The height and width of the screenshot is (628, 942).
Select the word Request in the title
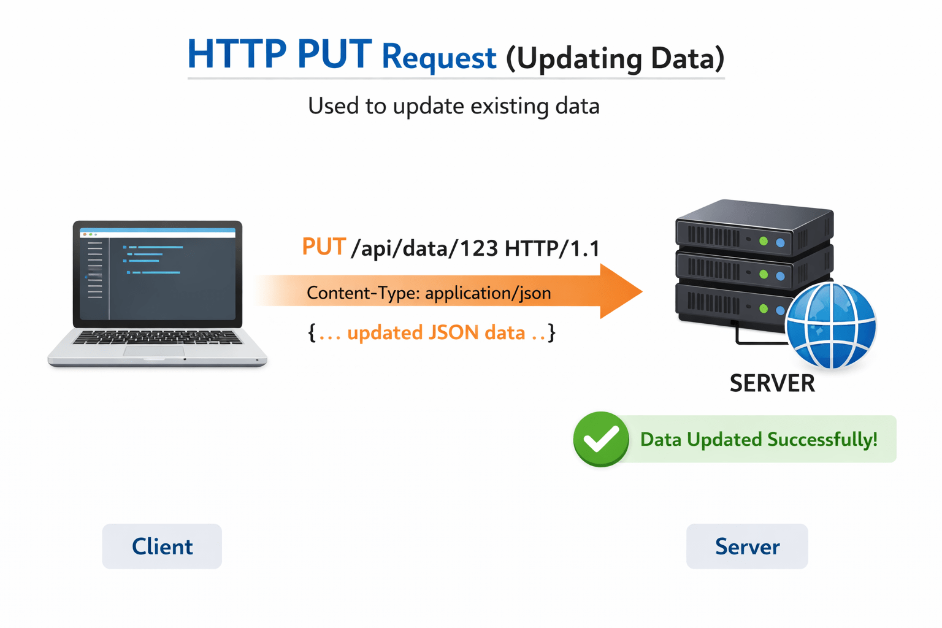pyautogui.click(x=438, y=58)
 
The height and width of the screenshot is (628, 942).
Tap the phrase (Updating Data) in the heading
pyautogui.click(x=615, y=59)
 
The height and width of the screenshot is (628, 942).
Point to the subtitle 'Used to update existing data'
pyautogui.click(x=453, y=106)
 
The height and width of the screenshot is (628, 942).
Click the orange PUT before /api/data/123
pyautogui.click(x=324, y=247)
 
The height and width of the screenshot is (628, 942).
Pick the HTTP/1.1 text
pyautogui.click(x=552, y=249)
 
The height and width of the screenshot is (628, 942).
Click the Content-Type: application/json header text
pyautogui.click(x=429, y=293)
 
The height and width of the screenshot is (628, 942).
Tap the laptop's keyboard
pyautogui.click(x=158, y=337)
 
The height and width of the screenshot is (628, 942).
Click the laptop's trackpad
pyautogui.click(x=153, y=351)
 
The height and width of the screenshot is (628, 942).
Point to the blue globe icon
pyautogui.click(x=830, y=326)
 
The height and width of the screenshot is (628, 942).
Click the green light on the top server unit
pyautogui.click(x=764, y=242)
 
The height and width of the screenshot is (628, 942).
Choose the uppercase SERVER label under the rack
pyautogui.click(x=772, y=384)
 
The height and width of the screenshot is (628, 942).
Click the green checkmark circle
pyautogui.click(x=600, y=439)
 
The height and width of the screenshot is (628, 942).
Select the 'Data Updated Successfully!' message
pyautogui.click(x=759, y=440)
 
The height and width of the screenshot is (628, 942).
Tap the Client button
pyautogui.click(x=162, y=546)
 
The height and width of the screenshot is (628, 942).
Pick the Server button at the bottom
pyautogui.click(x=747, y=546)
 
